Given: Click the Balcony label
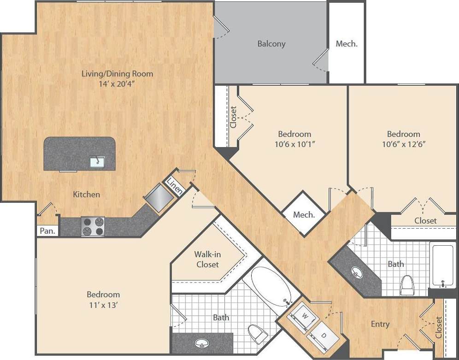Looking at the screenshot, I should pyautogui.click(x=271, y=44).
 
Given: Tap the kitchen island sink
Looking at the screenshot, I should pyautogui.click(x=97, y=161).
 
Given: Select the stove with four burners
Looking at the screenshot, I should pyautogui.click(x=93, y=226).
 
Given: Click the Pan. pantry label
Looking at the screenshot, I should pyautogui.click(x=47, y=231).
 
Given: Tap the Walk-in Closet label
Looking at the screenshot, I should pyautogui.click(x=207, y=260).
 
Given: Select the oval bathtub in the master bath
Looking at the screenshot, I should pyautogui.click(x=271, y=286).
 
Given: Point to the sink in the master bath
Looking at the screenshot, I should pyautogui.click(x=201, y=343).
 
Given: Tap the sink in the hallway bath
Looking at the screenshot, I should pyautogui.click(x=357, y=272).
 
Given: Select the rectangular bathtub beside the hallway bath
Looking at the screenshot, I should pyautogui.click(x=443, y=265).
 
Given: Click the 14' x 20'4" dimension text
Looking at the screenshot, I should pyautogui.click(x=117, y=84).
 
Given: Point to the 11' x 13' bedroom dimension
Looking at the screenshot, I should pyautogui.click(x=103, y=305).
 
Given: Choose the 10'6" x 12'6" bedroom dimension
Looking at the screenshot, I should pyautogui.click(x=403, y=144).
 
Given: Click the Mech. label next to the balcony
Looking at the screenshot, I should pyautogui.click(x=347, y=44).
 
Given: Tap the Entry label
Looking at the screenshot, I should pyautogui.click(x=380, y=324).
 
